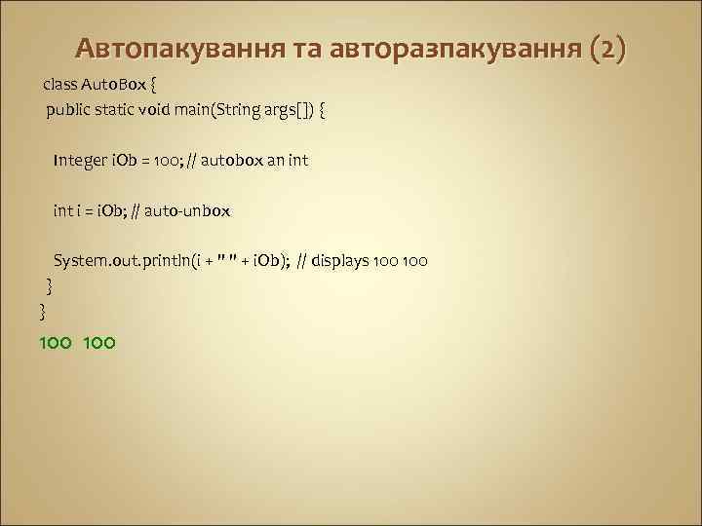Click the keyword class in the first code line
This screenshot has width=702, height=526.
coord(59,85)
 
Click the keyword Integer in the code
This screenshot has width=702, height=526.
coord(81,160)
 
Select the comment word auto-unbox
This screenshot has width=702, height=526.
coord(194,210)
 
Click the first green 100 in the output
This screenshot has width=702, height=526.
coord(55,342)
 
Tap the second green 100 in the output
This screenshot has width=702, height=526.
coord(99,342)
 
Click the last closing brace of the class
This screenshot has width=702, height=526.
coord(42,310)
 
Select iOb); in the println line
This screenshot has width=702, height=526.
coord(270,261)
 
